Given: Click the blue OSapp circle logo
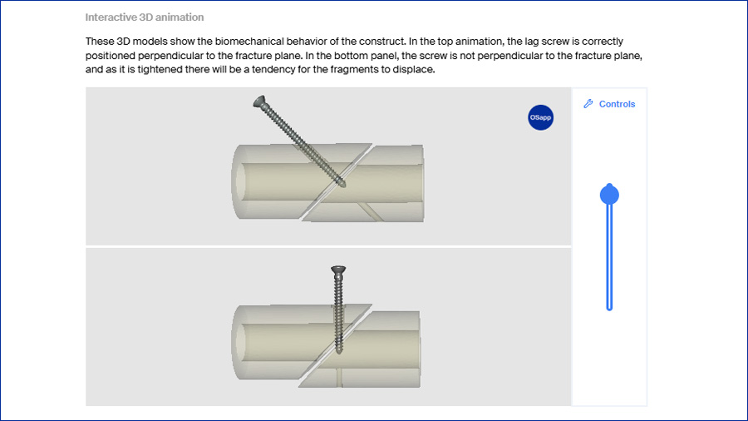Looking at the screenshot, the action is (x=540, y=117).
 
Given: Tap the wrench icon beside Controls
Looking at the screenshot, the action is (x=588, y=103).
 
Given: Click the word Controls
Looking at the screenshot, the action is (x=617, y=104).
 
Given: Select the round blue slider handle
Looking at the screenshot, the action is (x=609, y=195).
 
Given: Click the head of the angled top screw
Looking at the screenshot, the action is (x=260, y=102).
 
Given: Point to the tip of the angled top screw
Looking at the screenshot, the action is (x=343, y=186).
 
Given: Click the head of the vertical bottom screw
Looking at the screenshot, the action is (x=338, y=270).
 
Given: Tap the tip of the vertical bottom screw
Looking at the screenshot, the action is (x=339, y=352).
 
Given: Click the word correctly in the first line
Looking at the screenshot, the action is (x=603, y=42).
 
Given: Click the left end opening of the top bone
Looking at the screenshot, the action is (x=241, y=183).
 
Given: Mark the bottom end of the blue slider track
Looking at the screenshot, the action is (x=609, y=310).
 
